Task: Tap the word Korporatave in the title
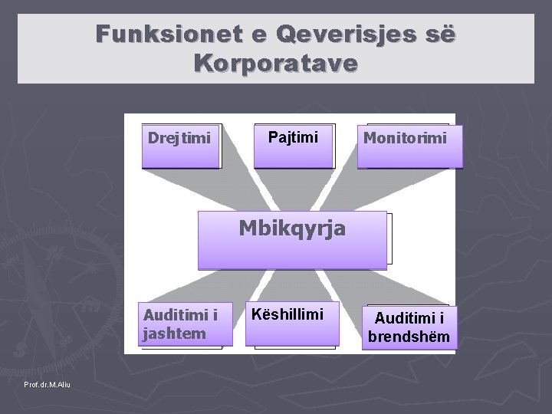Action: tap(276, 63)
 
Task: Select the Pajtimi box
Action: tap(294, 145)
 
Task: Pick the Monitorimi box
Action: tap(410, 145)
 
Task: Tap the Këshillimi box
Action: tap(294, 325)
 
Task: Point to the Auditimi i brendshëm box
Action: tap(409, 327)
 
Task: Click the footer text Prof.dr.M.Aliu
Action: tap(48, 383)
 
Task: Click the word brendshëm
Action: tap(409, 337)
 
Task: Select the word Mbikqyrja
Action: tap(292, 228)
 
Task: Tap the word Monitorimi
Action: tap(403, 139)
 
